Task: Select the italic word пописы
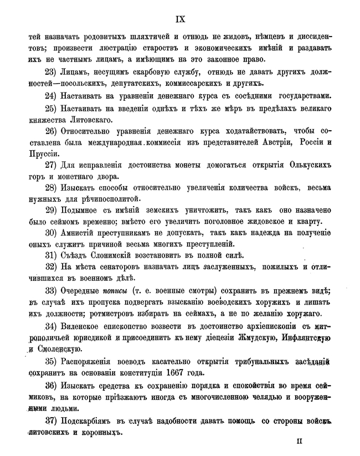(x=115, y=291)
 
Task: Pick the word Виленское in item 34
(x=91, y=325)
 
